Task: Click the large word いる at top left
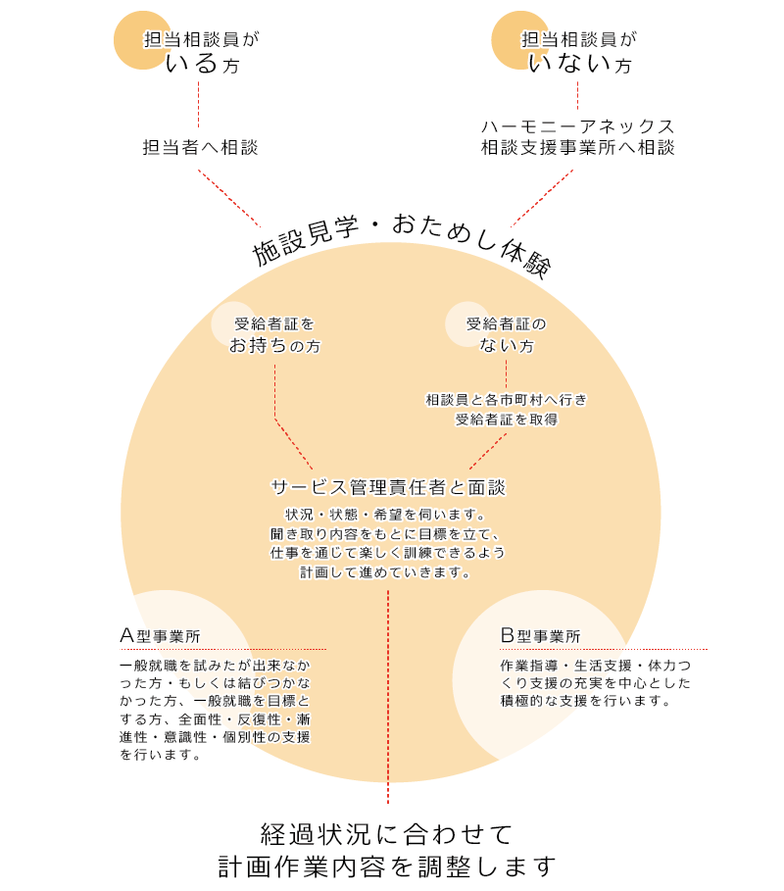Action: [x=193, y=65]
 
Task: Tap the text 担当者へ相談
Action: [x=200, y=148]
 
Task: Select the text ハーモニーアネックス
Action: [x=578, y=127]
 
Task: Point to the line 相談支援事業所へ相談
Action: [x=578, y=148]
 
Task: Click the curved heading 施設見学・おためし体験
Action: [x=403, y=241]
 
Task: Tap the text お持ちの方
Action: [x=275, y=346]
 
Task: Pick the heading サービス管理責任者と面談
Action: [x=388, y=486]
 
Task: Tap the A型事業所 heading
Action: [x=161, y=636]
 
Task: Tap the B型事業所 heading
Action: [x=540, y=636]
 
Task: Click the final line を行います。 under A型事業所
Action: [x=162, y=755]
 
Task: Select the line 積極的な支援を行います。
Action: [x=585, y=701]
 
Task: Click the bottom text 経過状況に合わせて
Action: [x=387, y=834]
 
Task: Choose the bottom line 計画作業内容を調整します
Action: [x=387, y=867]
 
